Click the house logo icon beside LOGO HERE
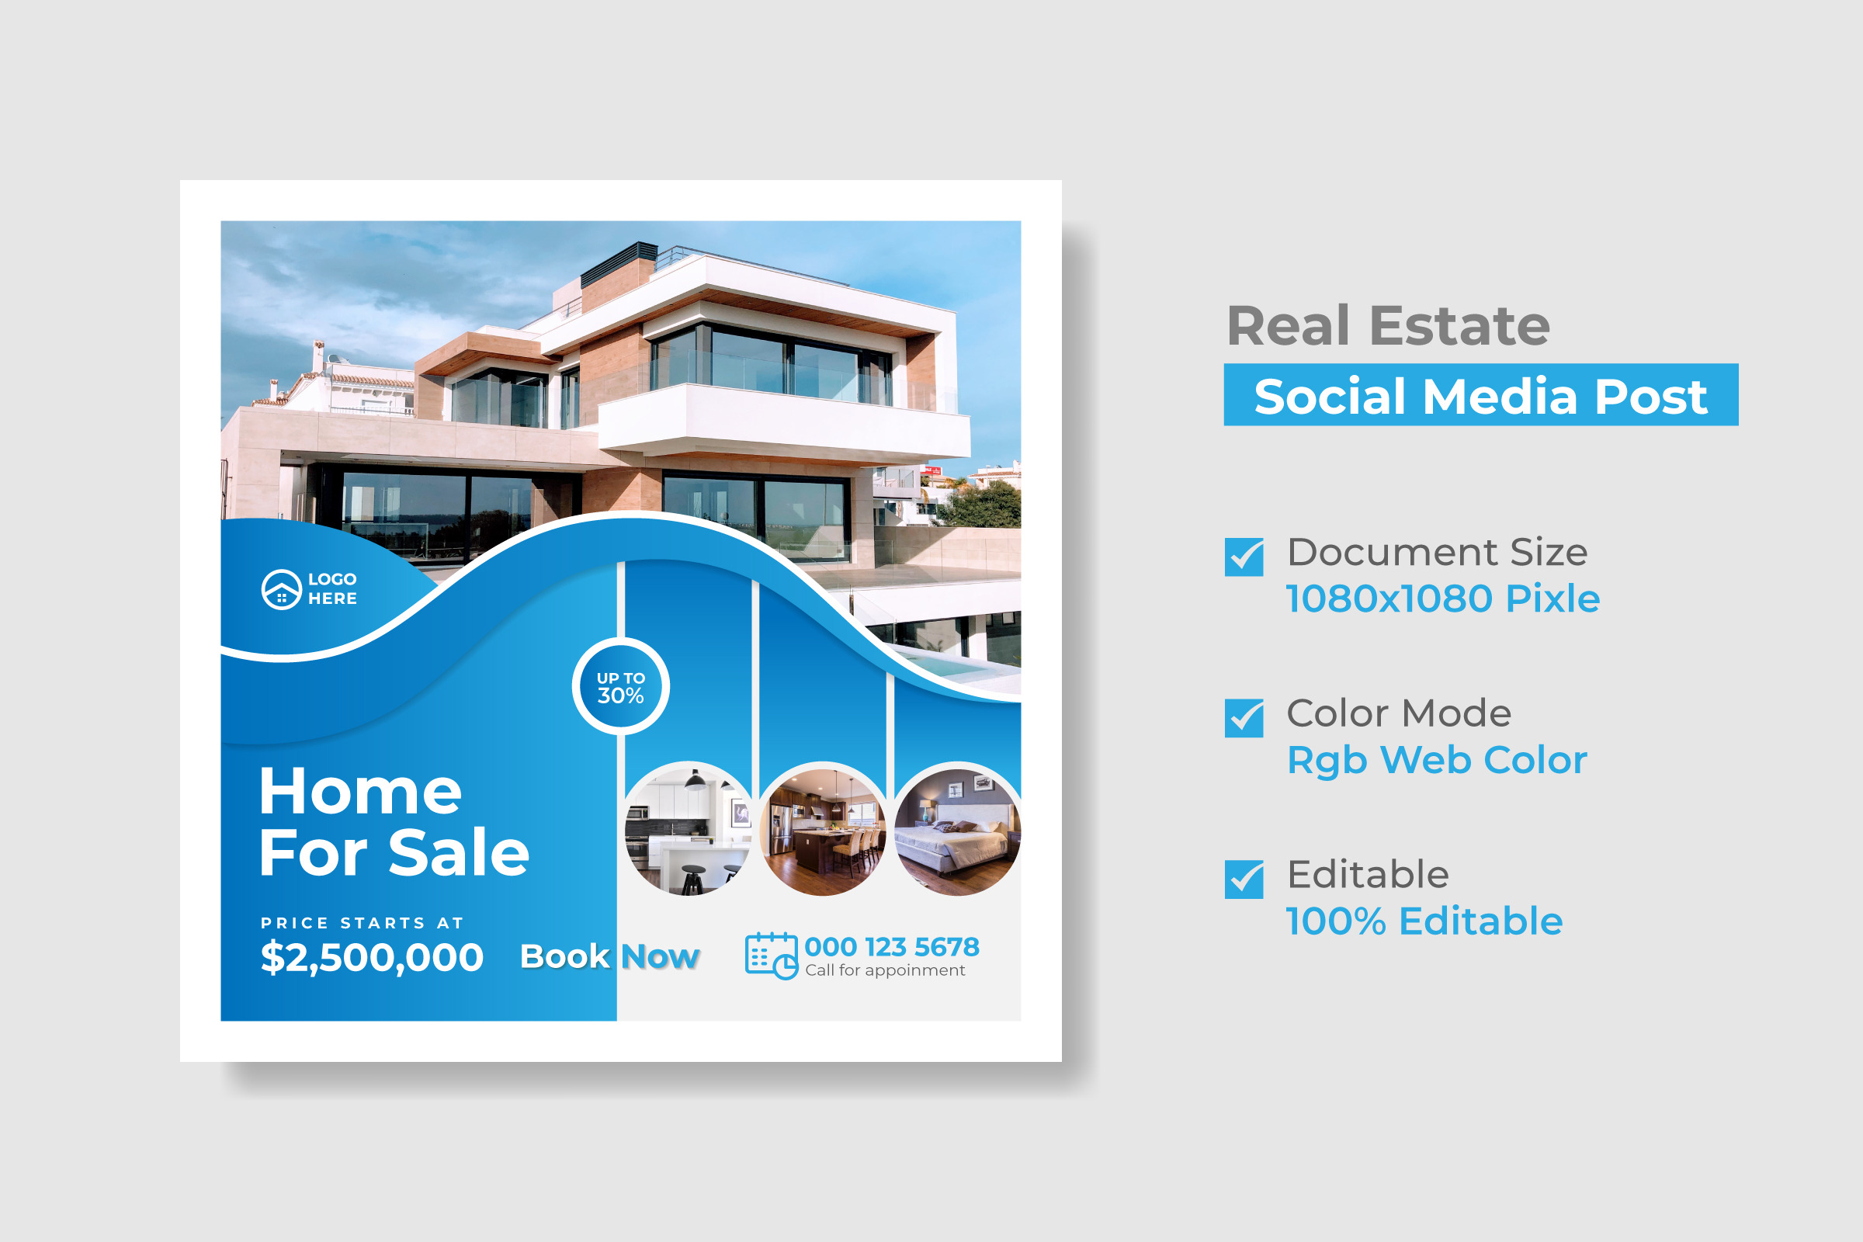coord(281,589)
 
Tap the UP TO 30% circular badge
coord(621,686)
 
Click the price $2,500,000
coord(372,957)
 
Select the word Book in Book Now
coord(565,957)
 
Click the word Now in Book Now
coord(660,957)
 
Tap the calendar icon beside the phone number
coord(771,956)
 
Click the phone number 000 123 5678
coord(892,946)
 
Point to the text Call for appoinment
coord(885,970)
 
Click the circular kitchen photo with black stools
coord(689,830)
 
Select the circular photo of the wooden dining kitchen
coord(823,830)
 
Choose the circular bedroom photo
coord(957,830)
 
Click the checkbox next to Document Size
coord(1244,557)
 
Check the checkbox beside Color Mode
coord(1244,717)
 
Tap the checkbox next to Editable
coord(1244,879)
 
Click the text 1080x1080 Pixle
coord(1442,598)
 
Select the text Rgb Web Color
coord(1437,761)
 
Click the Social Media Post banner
coord(1481,395)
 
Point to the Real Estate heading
coord(1388,325)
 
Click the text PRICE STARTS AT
coord(362,923)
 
